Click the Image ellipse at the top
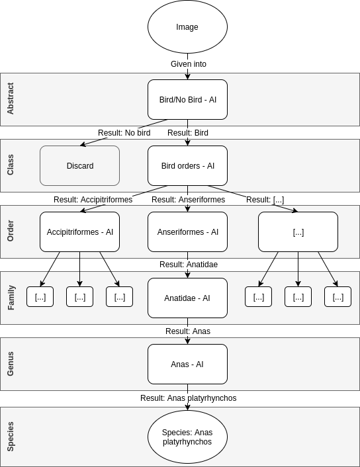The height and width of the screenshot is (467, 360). pos(187,27)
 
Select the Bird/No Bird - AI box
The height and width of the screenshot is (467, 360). pos(187,100)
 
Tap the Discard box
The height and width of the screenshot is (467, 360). pos(79,166)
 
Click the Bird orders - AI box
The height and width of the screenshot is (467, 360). pos(187,166)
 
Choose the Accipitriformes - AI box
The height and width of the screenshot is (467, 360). pos(79,232)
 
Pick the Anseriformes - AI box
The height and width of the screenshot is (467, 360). pos(187,232)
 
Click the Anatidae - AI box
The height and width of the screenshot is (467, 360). pos(187,298)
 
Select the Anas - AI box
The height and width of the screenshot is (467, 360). pos(187,364)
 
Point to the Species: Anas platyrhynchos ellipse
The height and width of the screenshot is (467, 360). pos(187,437)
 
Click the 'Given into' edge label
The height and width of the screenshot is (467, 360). pos(189,64)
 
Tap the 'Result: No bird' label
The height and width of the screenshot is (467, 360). pos(124,133)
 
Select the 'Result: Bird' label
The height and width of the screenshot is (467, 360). pos(188,133)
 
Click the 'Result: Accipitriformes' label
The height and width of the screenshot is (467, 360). pos(93,200)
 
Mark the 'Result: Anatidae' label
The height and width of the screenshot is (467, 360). pos(189,265)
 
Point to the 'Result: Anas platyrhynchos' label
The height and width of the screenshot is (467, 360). pos(188,398)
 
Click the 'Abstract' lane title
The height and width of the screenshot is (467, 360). pos(10,99)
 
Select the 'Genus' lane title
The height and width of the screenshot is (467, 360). pos(10,364)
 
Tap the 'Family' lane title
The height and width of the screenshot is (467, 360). pos(10,298)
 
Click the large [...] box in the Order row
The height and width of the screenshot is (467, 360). pos(298,232)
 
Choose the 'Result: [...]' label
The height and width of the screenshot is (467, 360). pos(265,200)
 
